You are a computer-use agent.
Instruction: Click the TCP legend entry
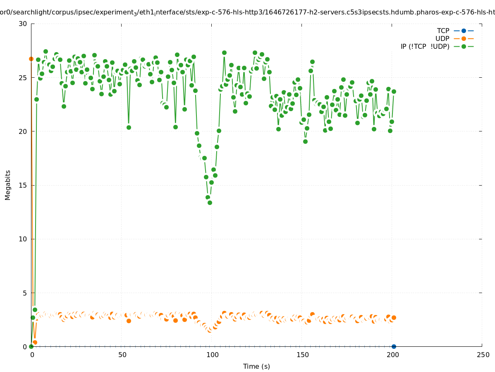(x=443, y=31)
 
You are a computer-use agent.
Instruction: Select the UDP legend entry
(x=442, y=38)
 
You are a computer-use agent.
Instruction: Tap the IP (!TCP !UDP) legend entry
(x=425, y=46)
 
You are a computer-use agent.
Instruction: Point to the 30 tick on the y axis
(x=23, y=24)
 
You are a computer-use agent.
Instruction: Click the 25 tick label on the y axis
(x=23, y=78)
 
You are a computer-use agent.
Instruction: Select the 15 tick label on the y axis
(x=23, y=185)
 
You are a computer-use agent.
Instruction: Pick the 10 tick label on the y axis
(x=23, y=239)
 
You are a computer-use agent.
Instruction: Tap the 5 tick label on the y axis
(x=24, y=293)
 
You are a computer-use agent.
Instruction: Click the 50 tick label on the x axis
(x=122, y=355)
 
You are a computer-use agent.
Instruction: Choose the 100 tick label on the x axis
(x=212, y=355)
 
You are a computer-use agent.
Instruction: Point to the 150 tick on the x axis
(x=302, y=355)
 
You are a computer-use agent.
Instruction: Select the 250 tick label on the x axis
(x=482, y=355)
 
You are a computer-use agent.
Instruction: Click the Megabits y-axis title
(x=8, y=185)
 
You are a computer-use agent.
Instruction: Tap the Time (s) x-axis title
(x=256, y=366)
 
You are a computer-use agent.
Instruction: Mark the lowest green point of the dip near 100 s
(x=210, y=203)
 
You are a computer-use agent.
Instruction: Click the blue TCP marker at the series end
(x=394, y=346)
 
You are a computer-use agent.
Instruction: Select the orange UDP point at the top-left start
(x=31, y=59)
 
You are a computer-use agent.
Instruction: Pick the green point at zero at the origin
(x=31, y=346)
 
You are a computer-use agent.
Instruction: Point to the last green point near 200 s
(x=394, y=91)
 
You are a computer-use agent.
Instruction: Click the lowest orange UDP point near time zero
(x=35, y=342)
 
